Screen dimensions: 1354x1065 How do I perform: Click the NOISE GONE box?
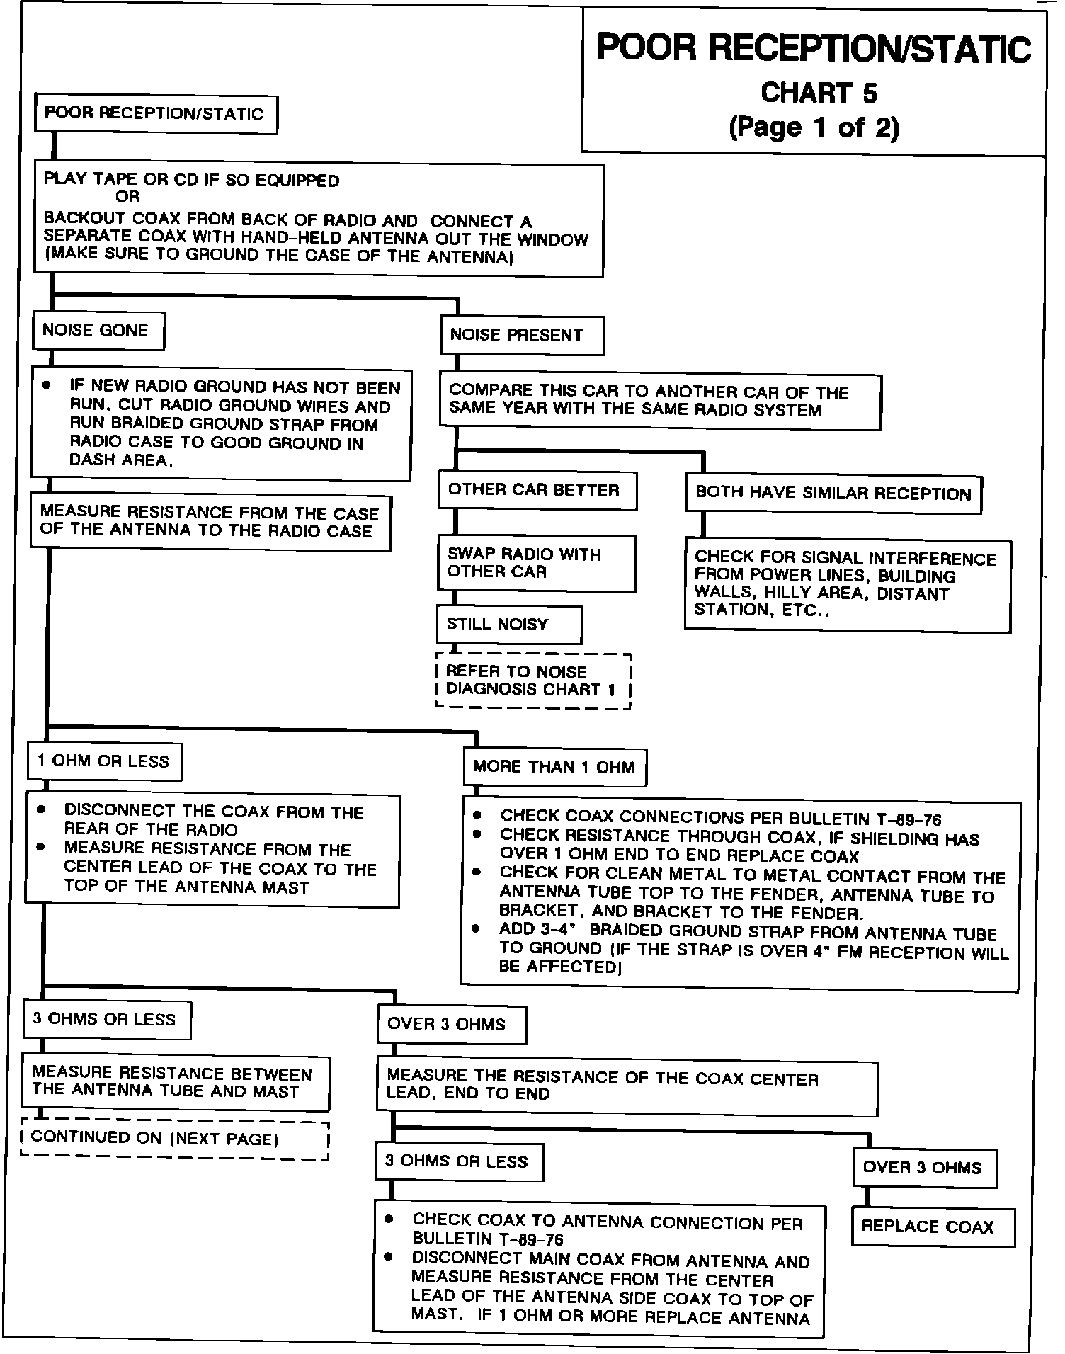click(x=98, y=331)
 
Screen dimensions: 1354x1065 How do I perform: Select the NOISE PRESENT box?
click(x=522, y=336)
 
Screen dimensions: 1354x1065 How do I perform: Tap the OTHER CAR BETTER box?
click(x=537, y=490)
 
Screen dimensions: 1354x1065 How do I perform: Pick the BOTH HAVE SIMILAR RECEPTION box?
click(x=833, y=494)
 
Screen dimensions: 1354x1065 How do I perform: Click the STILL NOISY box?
click(x=508, y=624)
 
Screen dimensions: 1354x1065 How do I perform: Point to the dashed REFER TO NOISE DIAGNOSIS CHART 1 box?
click(x=532, y=681)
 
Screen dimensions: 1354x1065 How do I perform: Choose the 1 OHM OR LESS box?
click(x=103, y=761)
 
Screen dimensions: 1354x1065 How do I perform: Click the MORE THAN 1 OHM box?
click(x=554, y=767)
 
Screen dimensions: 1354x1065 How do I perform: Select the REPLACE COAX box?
click(x=931, y=1227)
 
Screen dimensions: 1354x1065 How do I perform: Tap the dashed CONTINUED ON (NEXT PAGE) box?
click(x=175, y=1139)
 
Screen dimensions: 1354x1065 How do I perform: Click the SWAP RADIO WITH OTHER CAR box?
click(x=536, y=563)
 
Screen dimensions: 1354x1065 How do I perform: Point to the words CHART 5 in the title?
click(x=819, y=93)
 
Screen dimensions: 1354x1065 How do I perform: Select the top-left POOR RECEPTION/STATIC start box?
click(x=155, y=114)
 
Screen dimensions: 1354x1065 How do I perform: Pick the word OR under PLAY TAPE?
click(x=128, y=197)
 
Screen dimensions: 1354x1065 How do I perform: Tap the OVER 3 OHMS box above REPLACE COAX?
click(x=924, y=1168)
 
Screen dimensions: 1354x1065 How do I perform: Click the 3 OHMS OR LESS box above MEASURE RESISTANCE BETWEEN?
click(x=106, y=1019)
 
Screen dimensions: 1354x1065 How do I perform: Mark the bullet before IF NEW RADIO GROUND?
click(x=47, y=386)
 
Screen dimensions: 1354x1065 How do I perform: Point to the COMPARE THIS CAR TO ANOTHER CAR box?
click(x=659, y=402)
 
